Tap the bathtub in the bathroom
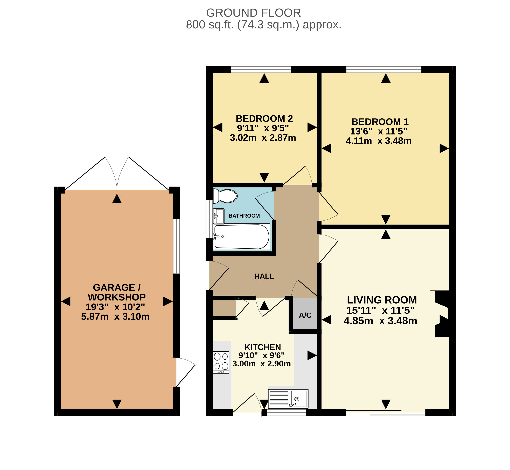pyautogui.click(x=242, y=237)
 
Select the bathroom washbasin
pyautogui.click(x=219, y=216)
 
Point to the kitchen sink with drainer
pyautogui.click(x=288, y=399)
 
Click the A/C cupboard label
pyautogui.click(x=305, y=316)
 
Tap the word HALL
pyautogui.click(x=264, y=276)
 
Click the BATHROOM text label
pyautogui.click(x=244, y=216)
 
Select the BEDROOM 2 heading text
pyautogui.click(x=264, y=119)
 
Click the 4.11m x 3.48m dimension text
pyautogui.click(x=379, y=141)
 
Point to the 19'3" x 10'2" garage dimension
pyautogui.click(x=115, y=307)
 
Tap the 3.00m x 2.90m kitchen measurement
pyautogui.click(x=262, y=364)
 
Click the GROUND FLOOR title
pyautogui.click(x=254, y=13)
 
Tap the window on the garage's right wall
pyautogui.click(x=176, y=246)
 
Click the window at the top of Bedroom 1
pyautogui.click(x=384, y=69)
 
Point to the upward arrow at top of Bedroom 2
pyautogui.click(x=264, y=78)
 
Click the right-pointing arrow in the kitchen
pyautogui.click(x=312, y=355)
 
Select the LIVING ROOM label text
pyautogui.click(x=382, y=300)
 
